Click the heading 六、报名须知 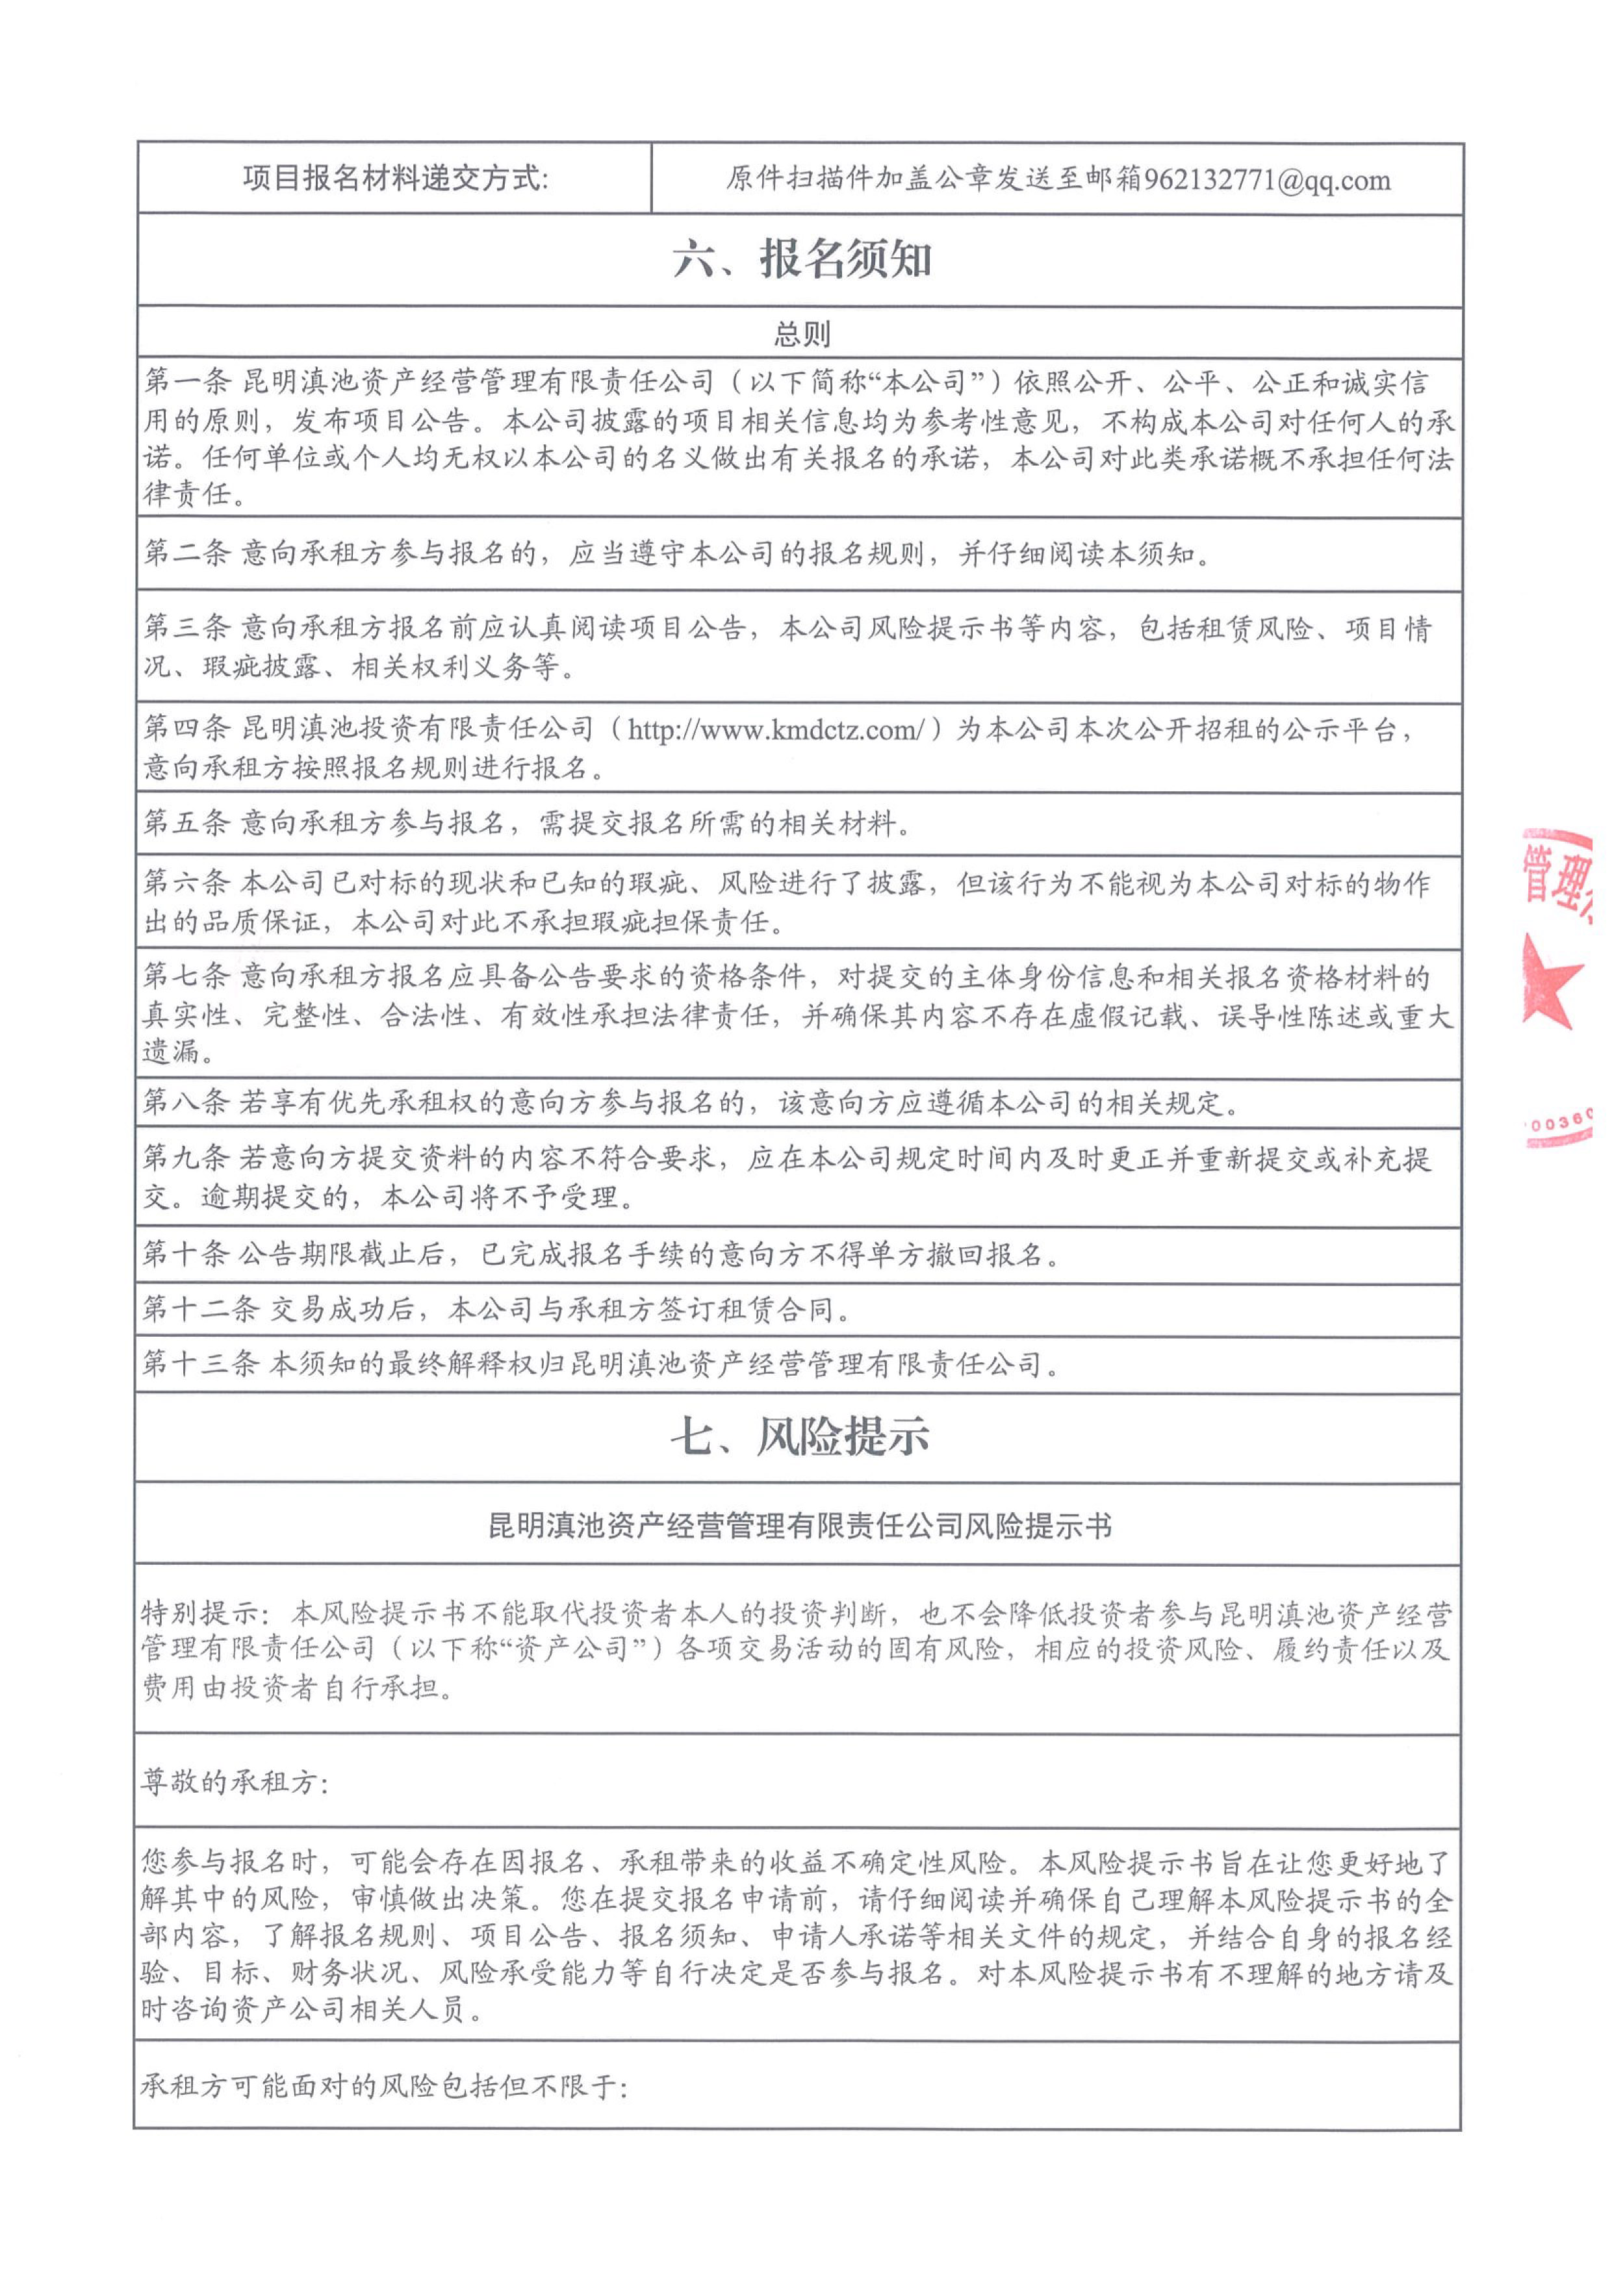pos(802,260)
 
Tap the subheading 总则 pos(802,334)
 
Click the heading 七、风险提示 pos(800,1437)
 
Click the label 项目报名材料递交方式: pos(395,179)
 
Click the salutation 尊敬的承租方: pos(235,1782)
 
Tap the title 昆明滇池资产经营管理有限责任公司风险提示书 pos(800,1525)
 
